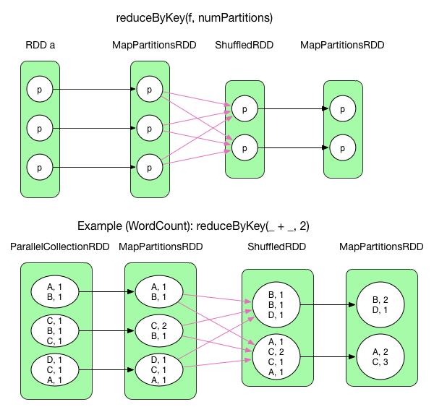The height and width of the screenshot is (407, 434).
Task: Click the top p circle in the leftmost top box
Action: point(39,90)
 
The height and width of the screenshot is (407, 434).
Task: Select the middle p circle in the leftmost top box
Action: point(39,129)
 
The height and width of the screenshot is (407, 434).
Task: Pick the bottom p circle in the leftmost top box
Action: point(39,167)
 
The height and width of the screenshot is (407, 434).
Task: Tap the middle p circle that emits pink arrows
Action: point(149,129)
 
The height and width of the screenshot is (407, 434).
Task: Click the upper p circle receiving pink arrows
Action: point(244,109)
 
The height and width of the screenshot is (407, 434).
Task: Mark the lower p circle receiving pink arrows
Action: point(244,147)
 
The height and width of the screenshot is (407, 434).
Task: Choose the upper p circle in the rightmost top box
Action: point(342,109)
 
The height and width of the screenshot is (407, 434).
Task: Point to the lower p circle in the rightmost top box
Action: point(342,147)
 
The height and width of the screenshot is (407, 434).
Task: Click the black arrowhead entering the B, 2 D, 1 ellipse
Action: point(352,304)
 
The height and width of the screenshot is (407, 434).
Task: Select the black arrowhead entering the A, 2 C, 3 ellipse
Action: point(352,356)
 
